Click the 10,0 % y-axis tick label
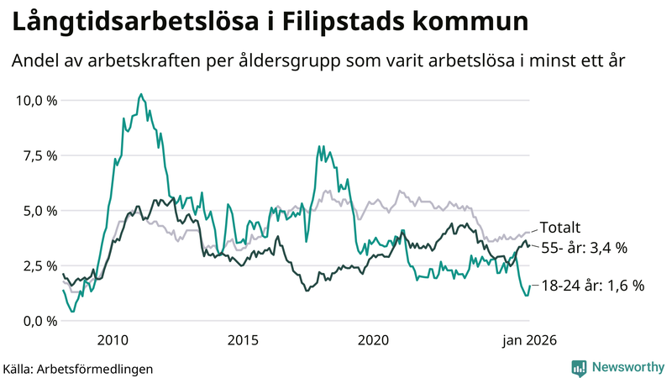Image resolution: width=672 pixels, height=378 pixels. [x=36, y=101]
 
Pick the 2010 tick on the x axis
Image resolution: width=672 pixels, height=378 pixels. [x=113, y=340]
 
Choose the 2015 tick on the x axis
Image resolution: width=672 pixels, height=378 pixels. [x=243, y=340]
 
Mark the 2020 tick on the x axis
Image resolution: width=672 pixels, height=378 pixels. [x=373, y=340]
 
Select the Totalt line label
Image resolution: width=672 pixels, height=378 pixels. [x=560, y=228]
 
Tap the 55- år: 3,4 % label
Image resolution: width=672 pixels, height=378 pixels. [x=584, y=248]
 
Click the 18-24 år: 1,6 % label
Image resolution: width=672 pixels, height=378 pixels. [x=591, y=286]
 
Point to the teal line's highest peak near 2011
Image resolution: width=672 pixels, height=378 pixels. [x=141, y=94]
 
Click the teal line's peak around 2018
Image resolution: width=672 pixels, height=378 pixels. [x=319, y=147]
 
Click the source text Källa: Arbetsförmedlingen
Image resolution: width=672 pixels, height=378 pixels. [x=78, y=368]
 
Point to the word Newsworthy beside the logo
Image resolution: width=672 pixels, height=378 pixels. [x=627, y=367]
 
